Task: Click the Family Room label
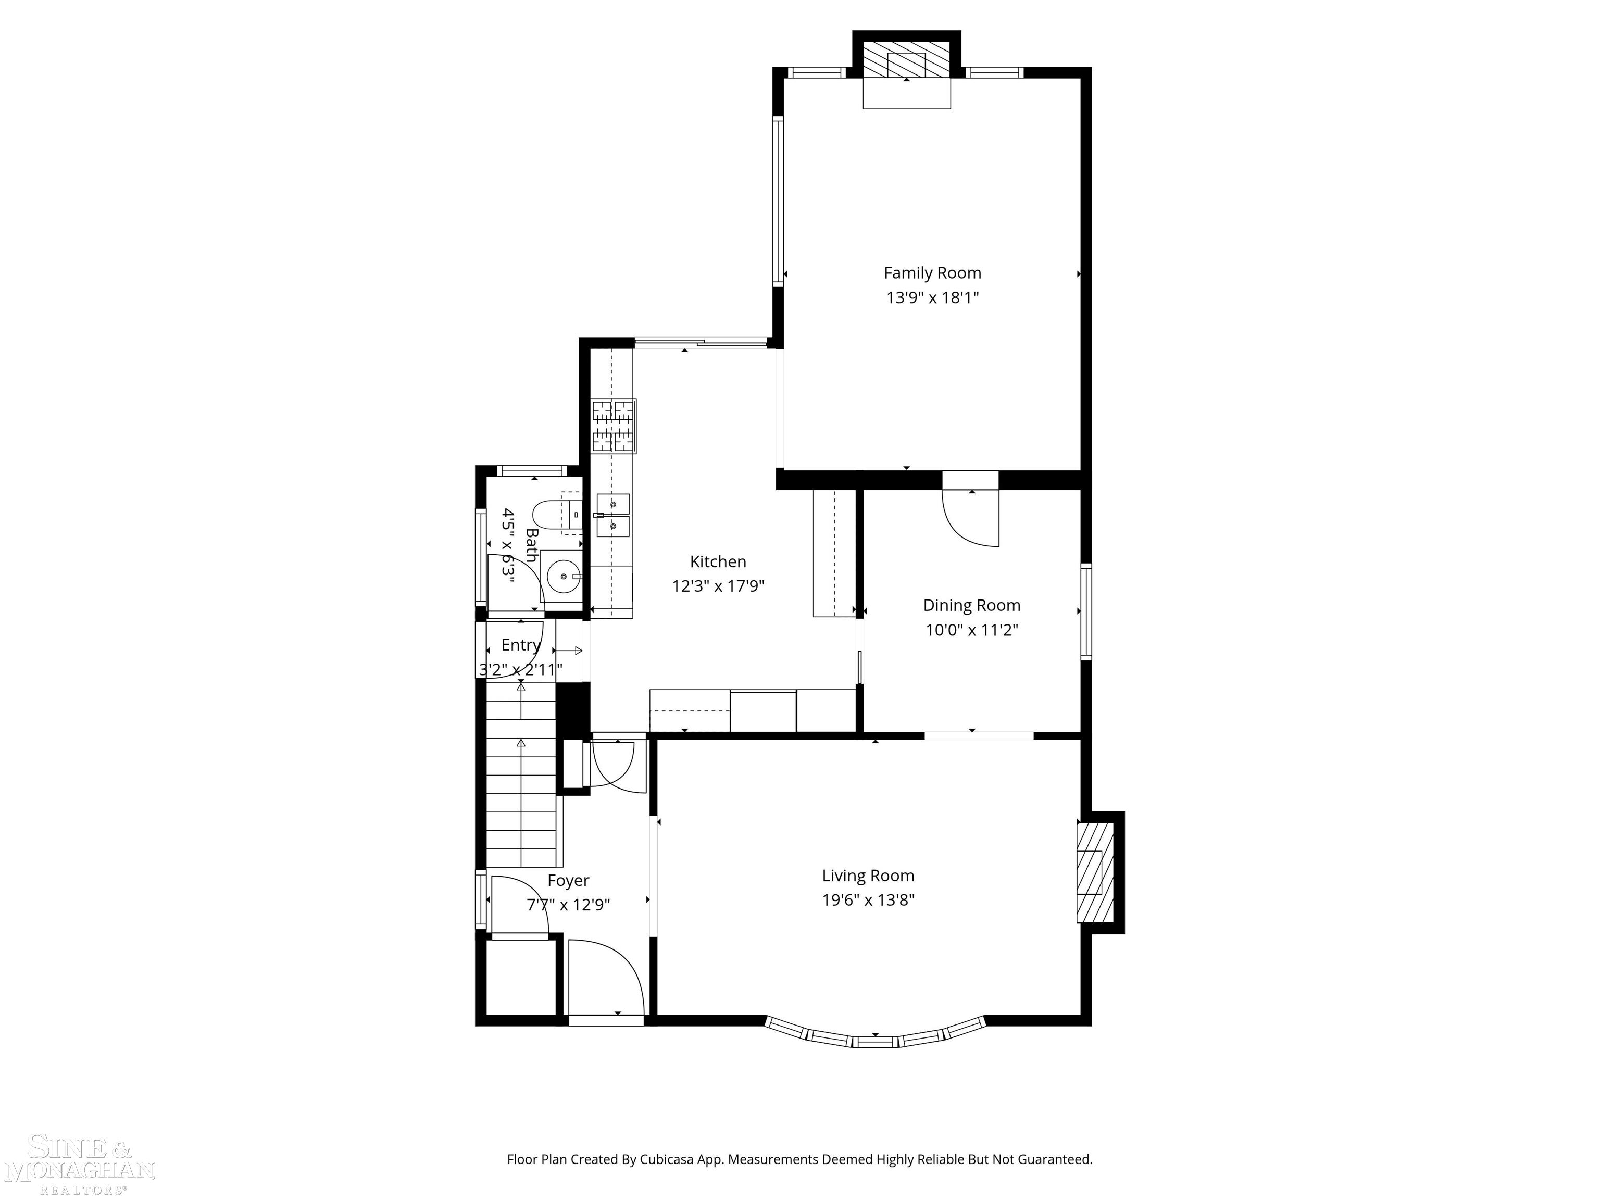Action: (932, 273)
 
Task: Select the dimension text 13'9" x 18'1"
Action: (932, 297)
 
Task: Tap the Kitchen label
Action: (718, 561)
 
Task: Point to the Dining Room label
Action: (971, 605)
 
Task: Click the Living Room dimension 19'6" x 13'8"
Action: (868, 900)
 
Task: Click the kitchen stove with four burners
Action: (614, 426)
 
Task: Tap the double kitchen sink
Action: (612, 515)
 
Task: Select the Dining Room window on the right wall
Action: (1086, 611)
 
